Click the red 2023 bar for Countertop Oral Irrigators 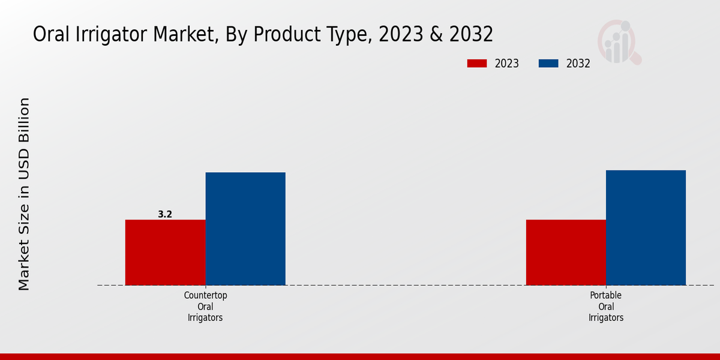click(x=165, y=252)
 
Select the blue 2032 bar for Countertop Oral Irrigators click(x=245, y=229)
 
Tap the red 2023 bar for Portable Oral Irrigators click(x=566, y=252)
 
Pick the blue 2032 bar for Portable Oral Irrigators click(x=646, y=227)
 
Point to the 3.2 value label click(x=165, y=214)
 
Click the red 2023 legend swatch click(x=477, y=64)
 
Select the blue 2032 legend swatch click(x=548, y=64)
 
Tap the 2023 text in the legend click(x=507, y=64)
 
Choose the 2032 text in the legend click(x=578, y=64)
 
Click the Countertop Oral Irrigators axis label click(x=205, y=307)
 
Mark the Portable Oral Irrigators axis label click(x=606, y=307)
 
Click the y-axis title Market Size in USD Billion click(x=24, y=194)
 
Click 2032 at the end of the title click(x=472, y=34)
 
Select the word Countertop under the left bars click(x=205, y=295)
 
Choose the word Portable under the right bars click(x=606, y=295)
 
